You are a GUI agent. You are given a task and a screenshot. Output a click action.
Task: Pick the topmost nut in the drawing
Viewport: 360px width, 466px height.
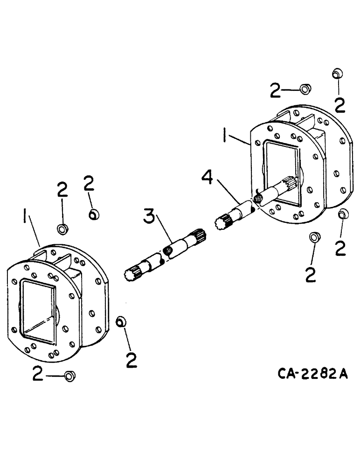[337, 74]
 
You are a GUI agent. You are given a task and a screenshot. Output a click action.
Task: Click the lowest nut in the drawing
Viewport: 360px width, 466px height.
[70, 375]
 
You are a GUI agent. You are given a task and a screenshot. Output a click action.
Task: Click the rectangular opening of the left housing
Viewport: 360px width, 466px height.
[40, 310]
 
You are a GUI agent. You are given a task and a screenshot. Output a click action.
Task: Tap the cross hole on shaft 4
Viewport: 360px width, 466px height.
[256, 199]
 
